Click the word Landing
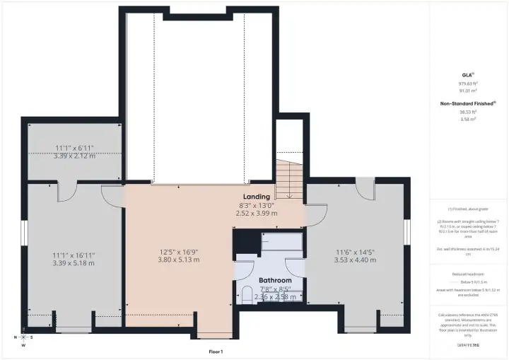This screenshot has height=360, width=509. click(256, 196)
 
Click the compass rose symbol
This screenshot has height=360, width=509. click(23, 338)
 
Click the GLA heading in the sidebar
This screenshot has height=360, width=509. click(467, 74)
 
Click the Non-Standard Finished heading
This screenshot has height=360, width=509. click(467, 103)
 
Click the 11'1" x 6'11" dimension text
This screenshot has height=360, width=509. click(74, 148)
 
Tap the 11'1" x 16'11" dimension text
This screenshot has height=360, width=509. click(74, 255)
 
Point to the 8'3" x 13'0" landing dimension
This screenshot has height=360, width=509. click(256, 205)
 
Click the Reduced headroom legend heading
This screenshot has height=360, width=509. click(467, 273)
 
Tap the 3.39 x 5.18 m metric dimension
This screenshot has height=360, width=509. click(74, 263)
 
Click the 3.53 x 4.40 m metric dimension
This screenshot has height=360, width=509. click(356, 260)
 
